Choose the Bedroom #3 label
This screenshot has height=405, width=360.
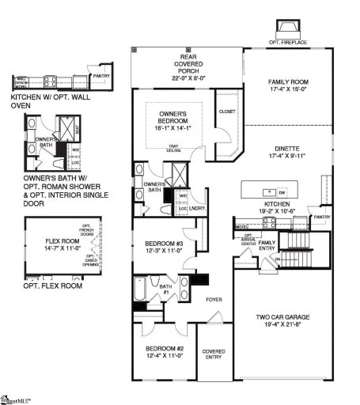click(164, 246)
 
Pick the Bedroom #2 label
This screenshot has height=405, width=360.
click(164, 352)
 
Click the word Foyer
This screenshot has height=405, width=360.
click(214, 300)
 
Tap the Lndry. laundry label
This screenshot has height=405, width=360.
click(197, 208)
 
